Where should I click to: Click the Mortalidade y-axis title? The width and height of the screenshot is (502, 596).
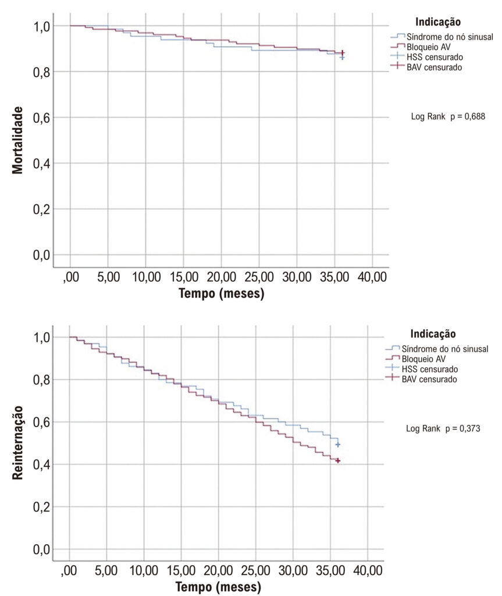[17, 140]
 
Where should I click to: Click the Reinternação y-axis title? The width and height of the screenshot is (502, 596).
[17, 442]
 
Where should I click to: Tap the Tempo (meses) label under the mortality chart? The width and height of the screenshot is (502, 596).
[221, 293]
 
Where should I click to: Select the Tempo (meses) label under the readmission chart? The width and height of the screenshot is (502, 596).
[218, 587]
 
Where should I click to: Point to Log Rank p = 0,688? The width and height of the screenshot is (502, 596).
[448, 116]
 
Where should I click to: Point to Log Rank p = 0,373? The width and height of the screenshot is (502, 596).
[443, 428]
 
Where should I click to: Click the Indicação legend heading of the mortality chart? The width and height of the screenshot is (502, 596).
[438, 22]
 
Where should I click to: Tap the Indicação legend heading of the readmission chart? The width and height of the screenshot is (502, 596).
[433, 334]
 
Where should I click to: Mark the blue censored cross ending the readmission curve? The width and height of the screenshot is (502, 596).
[337, 444]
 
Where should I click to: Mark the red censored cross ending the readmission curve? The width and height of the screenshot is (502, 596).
[337, 461]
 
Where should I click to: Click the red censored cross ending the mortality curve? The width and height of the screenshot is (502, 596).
[343, 53]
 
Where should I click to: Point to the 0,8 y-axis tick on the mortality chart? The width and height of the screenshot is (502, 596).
[41, 72]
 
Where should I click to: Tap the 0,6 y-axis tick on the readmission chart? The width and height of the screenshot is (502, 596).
[41, 423]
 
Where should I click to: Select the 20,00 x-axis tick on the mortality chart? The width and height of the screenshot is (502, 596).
[221, 277]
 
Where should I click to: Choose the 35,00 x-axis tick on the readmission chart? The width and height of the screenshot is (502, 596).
[330, 570]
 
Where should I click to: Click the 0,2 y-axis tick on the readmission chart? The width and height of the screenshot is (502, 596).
[41, 507]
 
